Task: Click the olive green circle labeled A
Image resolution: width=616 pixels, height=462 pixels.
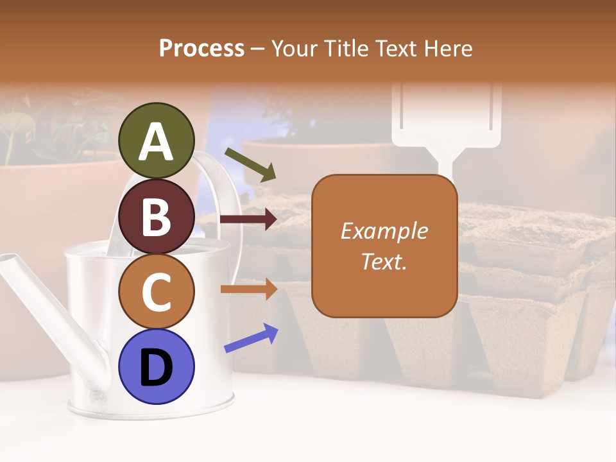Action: coord(157,141)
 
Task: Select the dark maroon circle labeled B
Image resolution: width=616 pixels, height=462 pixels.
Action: coord(157,216)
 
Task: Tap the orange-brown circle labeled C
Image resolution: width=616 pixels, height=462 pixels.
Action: coord(157,292)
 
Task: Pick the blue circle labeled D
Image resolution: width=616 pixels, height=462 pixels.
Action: coord(157,366)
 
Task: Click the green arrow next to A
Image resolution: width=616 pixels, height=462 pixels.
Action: coord(250,164)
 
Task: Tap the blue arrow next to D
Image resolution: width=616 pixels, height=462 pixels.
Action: coord(251,338)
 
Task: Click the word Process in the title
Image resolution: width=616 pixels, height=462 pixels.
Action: coord(201,48)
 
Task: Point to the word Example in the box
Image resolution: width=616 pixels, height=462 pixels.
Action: coord(384,231)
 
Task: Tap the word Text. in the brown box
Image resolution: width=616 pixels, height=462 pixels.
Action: coord(384,261)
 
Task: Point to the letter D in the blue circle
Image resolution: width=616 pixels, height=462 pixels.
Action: coord(157,368)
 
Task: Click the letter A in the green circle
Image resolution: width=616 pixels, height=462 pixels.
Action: coord(157,142)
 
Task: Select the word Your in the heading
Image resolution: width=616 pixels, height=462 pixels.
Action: coord(294,48)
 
